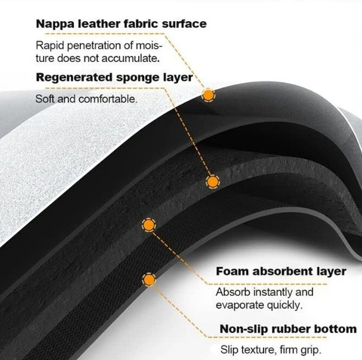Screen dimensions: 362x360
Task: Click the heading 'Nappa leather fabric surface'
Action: click(121, 24)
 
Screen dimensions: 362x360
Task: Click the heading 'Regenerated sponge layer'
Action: click(115, 78)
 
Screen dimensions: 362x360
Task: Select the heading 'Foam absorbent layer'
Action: click(281, 272)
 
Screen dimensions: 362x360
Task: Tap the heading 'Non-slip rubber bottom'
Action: click(288, 329)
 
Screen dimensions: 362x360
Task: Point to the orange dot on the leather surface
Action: click(208, 95)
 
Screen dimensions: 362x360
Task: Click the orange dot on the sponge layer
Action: click(213, 181)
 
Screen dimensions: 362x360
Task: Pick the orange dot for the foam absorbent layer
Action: click(149, 225)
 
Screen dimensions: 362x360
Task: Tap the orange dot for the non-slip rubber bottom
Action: click(149, 279)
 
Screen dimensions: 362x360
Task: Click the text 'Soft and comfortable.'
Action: click(86, 99)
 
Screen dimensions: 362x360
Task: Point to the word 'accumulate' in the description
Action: click(129, 58)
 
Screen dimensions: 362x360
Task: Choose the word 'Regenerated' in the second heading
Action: click(75, 78)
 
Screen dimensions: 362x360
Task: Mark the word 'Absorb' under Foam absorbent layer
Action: click(233, 292)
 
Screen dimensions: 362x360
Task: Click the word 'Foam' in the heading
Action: click(232, 272)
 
